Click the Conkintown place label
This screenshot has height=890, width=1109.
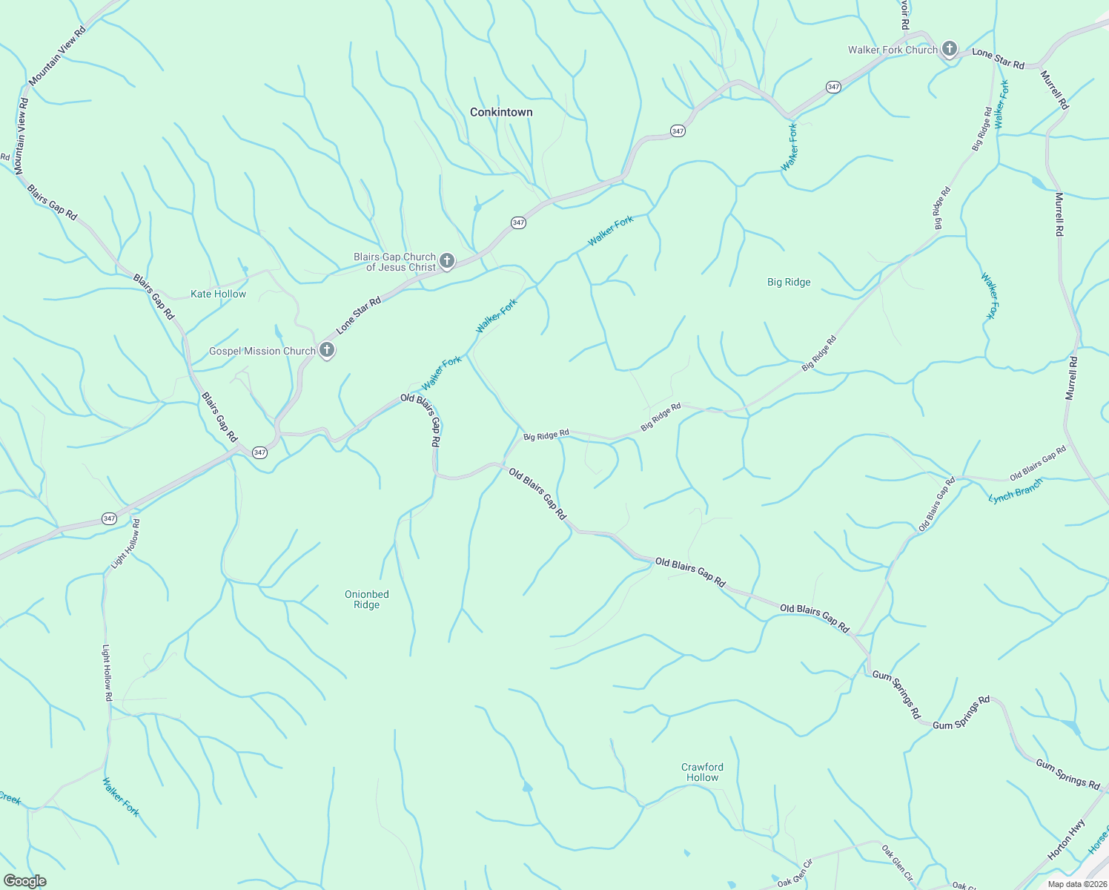(501, 112)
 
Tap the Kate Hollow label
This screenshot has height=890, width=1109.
(218, 294)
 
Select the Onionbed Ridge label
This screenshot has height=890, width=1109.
(366, 599)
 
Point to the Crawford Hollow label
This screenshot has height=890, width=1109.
(702, 772)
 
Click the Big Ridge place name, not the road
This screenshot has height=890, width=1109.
(789, 282)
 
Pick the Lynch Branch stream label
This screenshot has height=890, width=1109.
(1016, 491)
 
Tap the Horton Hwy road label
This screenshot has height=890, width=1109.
(1067, 840)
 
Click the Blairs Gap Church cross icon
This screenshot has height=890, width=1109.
(447, 260)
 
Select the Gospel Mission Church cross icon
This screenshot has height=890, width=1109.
(326, 351)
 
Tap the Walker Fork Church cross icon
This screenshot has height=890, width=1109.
(950, 50)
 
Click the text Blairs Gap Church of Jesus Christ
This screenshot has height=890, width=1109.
(394, 262)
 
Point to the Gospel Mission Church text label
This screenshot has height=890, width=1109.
(262, 351)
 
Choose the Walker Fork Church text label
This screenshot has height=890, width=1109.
(893, 50)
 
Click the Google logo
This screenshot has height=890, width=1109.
(25, 880)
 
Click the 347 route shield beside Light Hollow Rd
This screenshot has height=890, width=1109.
(110, 518)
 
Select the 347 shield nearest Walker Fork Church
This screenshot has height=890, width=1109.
(833, 87)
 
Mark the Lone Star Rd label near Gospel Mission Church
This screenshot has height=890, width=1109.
(358, 315)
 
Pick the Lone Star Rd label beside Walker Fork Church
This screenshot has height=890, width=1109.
(998, 59)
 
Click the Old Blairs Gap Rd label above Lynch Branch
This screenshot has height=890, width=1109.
(1037, 463)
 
